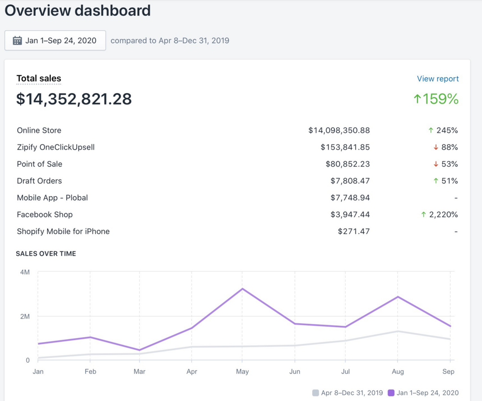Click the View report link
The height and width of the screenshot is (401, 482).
pos(437,79)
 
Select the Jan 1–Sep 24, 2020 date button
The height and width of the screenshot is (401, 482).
pos(55,40)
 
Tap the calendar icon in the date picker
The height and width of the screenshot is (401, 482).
pos(17,40)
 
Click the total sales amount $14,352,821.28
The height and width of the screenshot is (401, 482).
pos(74,99)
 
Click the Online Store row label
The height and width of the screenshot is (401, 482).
pos(39,130)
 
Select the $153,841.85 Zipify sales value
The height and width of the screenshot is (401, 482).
pos(345,147)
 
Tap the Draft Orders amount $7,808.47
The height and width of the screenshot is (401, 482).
pos(350,181)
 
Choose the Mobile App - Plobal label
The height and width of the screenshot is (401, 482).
pos(52,198)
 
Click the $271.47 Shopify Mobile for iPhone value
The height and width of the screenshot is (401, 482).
pos(353,231)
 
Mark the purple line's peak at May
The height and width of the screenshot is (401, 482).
pos(243,289)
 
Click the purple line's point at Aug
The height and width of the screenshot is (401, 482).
pos(398,297)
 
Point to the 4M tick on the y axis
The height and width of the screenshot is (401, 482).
pos(25,272)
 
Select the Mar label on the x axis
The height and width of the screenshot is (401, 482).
pos(140,371)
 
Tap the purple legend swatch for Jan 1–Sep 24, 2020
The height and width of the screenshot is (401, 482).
pos(391,393)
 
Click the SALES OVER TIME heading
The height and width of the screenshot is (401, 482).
pos(46,254)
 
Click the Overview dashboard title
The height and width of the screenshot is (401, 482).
pos(78,11)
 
